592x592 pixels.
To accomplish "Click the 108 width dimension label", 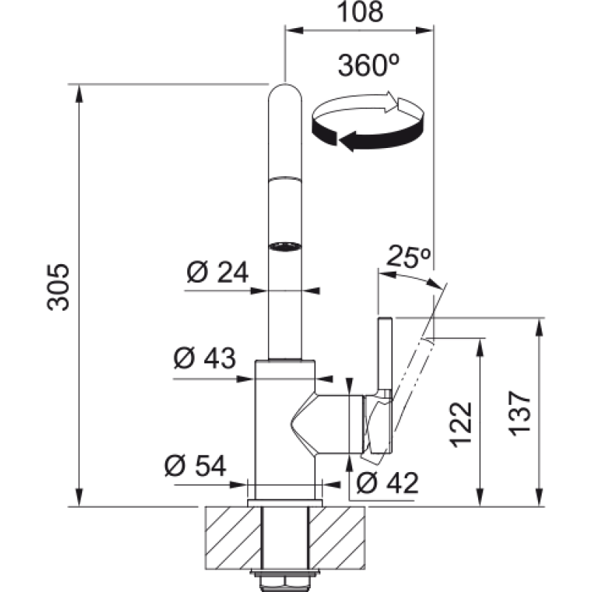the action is coord(360,12).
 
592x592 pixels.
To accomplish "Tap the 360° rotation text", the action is coord(369,65).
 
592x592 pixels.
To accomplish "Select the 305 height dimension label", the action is coord(58,287).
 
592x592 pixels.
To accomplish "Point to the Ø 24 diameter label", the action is coord(218,272).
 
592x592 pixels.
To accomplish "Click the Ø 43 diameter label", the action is coord(205,357).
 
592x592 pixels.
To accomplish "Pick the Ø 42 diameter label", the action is coord(387,482).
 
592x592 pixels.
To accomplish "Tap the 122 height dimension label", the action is coord(461,425).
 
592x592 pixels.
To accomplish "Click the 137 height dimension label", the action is coord(520,414).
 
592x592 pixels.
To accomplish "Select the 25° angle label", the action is coord(408,257).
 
